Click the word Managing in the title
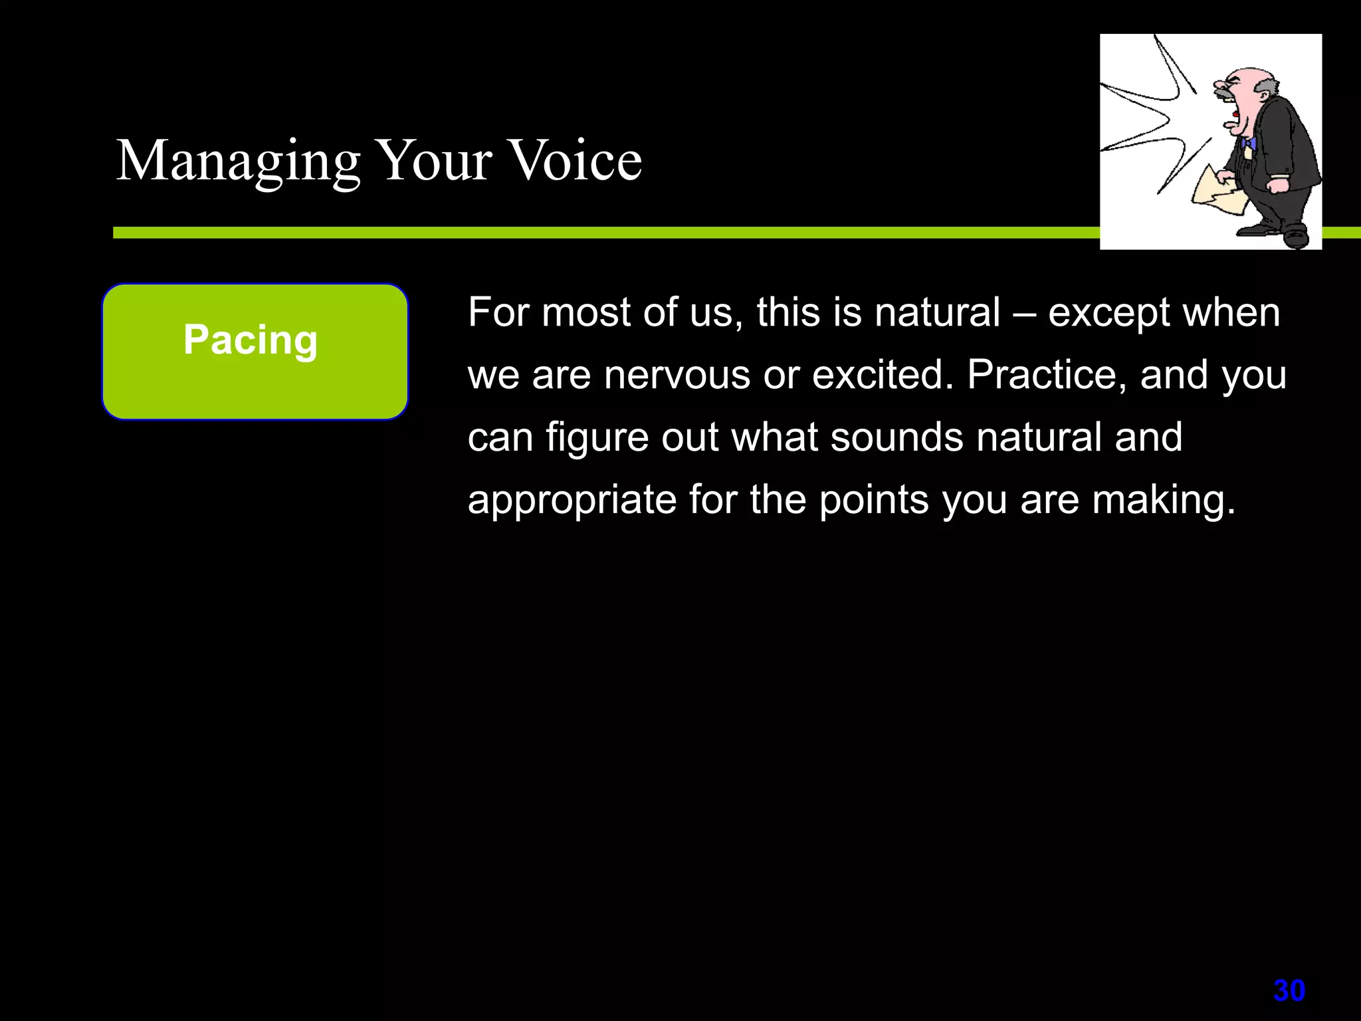pyautogui.click(x=238, y=162)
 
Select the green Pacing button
pyautogui.click(x=255, y=352)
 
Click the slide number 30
pyautogui.click(x=1289, y=991)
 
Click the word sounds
pyautogui.click(x=896, y=437)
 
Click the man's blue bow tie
pyautogui.click(x=1247, y=143)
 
